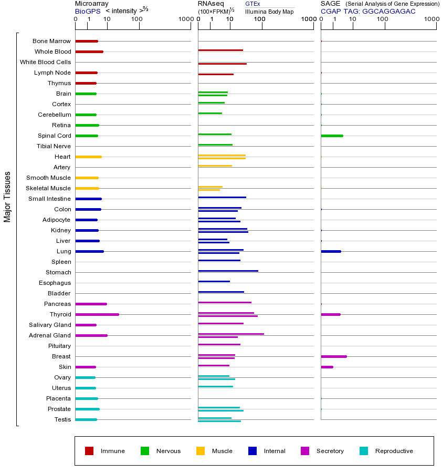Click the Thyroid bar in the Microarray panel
pyautogui.click(x=97, y=314)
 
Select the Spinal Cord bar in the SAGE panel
pyautogui.click(x=332, y=136)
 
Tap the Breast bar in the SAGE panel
pyautogui.click(x=333, y=356)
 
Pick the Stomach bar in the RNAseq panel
pyautogui.click(x=228, y=271)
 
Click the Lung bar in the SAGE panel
pyautogui.click(x=331, y=251)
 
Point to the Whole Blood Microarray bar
pyautogui.click(x=89, y=52)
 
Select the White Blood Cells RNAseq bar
pyautogui.click(x=222, y=64)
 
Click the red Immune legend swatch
pyautogui.click(x=89, y=451)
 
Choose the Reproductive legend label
pyautogui.click(x=394, y=451)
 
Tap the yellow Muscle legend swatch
pyautogui.click(x=201, y=451)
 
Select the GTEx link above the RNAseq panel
pyautogui.click(x=252, y=4)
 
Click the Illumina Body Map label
pyautogui.click(x=269, y=12)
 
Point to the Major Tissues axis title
pyautogui.click(x=7, y=197)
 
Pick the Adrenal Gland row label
pyautogui.click(x=50, y=335)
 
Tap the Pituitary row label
pyautogui.click(x=59, y=346)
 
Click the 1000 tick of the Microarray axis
pyautogui.click(x=185, y=19)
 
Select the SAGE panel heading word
pyautogui.click(x=329, y=4)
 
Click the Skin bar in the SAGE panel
pyautogui.click(x=327, y=367)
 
